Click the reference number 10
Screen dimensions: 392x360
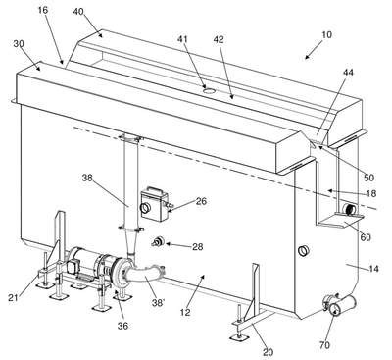click(326, 34)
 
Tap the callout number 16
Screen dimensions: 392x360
click(43, 10)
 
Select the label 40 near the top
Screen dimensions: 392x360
click(78, 12)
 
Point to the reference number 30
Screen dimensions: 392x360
click(19, 44)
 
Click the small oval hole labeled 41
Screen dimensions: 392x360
click(208, 90)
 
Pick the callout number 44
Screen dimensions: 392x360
click(348, 72)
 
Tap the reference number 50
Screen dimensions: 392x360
click(368, 178)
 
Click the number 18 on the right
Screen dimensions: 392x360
click(371, 193)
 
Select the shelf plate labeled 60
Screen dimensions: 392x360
click(340, 223)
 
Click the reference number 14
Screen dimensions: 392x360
click(373, 269)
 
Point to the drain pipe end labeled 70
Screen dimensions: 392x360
click(340, 305)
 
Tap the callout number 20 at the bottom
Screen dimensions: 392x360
click(268, 352)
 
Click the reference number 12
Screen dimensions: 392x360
click(185, 312)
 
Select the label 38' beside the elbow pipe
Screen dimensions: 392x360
click(158, 303)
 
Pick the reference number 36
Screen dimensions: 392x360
click(122, 326)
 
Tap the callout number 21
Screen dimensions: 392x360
click(13, 298)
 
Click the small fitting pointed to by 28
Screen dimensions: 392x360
click(158, 242)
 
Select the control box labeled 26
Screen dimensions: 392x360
click(155, 204)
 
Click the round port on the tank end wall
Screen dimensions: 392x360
click(303, 251)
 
